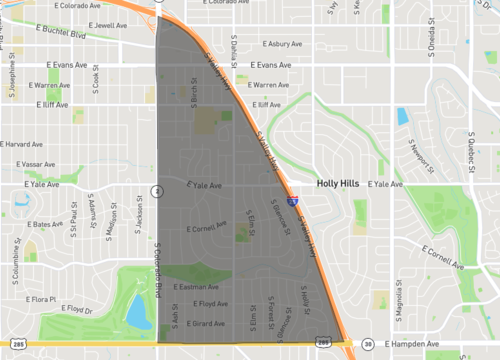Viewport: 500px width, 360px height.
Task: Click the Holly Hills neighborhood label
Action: pos(341,184)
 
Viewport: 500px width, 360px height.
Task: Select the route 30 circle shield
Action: pos(368,344)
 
